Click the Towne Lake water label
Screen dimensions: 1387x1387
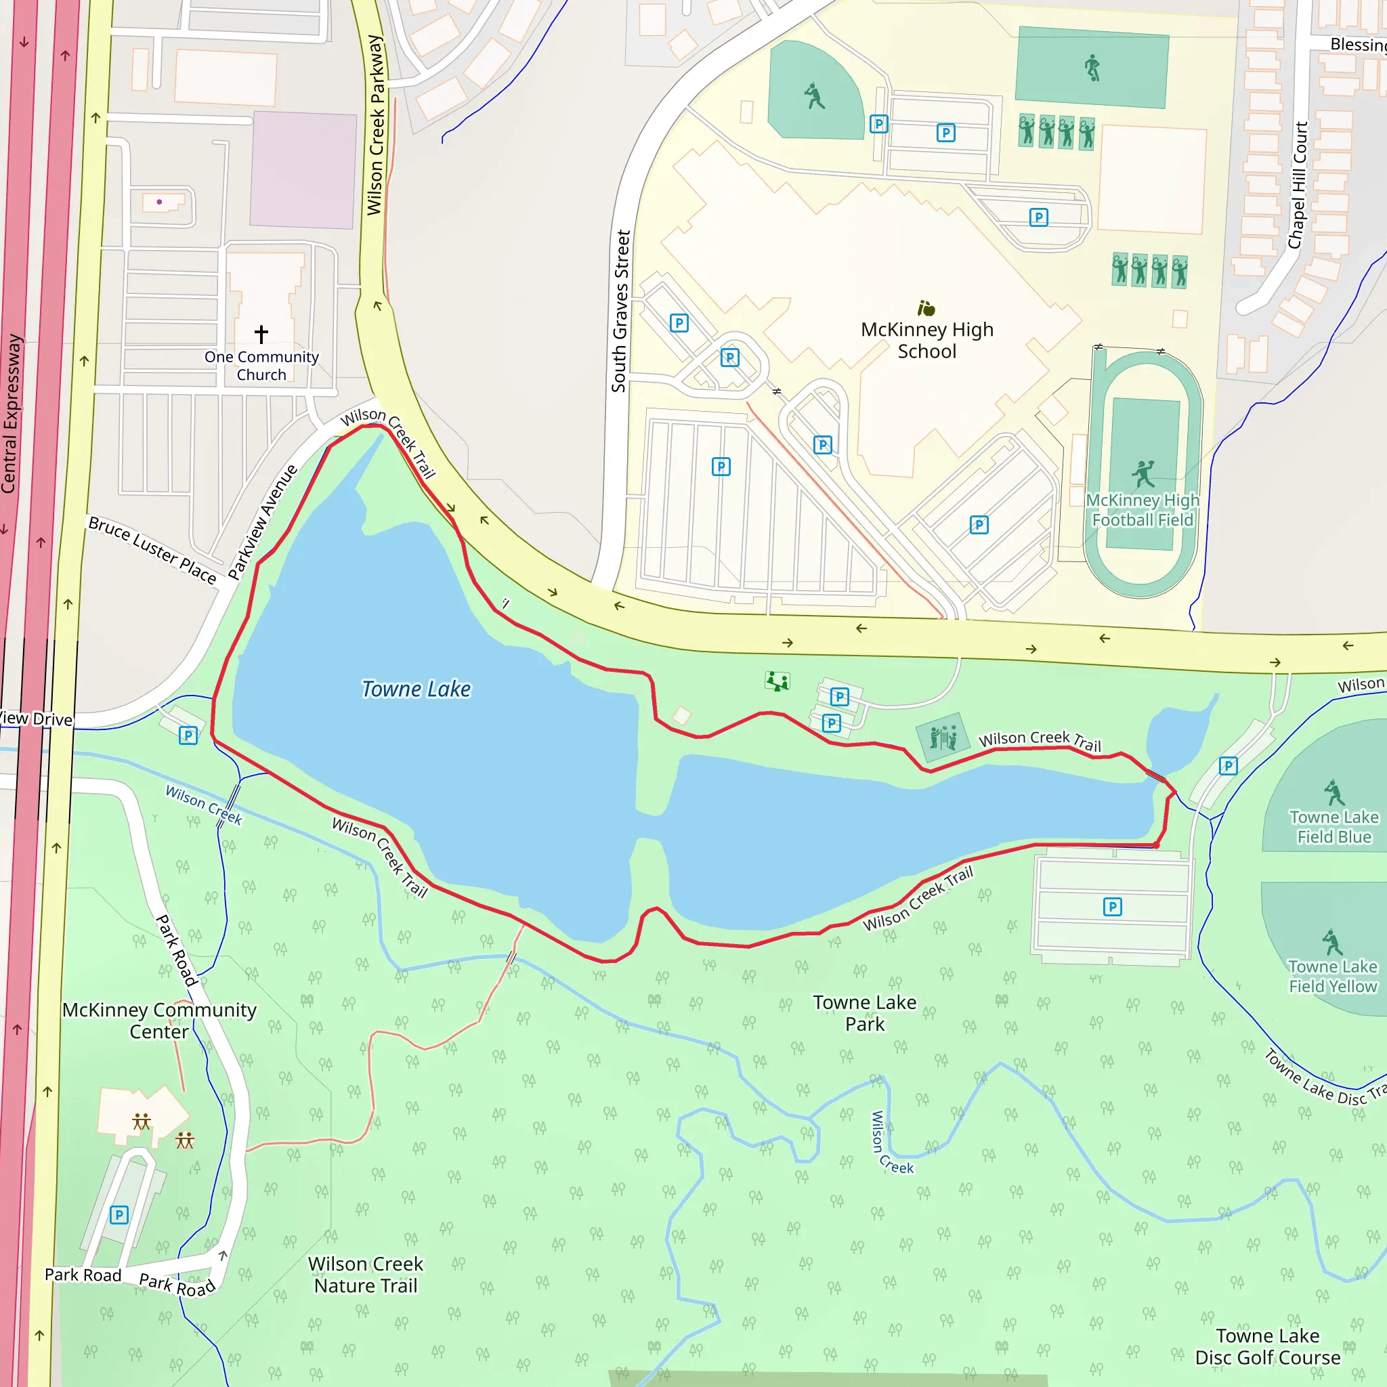click(416, 689)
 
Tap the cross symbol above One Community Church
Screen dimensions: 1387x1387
click(261, 334)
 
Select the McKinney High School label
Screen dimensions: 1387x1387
click(927, 340)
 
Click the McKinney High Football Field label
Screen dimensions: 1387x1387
click(1143, 510)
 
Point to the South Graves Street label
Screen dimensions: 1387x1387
click(620, 311)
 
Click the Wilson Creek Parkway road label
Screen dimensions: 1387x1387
click(375, 125)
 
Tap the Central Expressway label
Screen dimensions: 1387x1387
click(10, 414)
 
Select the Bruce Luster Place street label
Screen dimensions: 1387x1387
click(152, 550)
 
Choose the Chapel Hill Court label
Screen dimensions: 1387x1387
click(1297, 185)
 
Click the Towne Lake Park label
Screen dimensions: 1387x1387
click(864, 1013)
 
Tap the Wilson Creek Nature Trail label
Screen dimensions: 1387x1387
click(366, 1275)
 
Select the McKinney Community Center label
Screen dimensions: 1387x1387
click(158, 1020)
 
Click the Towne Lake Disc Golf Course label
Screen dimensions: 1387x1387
click(1267, 1346)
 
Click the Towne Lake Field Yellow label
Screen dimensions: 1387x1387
click(1332, 977)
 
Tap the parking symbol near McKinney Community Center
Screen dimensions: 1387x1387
click(119, 1215)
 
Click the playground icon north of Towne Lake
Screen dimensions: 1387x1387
click(777, 681)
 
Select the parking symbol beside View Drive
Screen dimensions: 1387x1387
click(188, 735)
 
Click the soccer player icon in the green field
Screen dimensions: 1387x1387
click(1092, 68)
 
